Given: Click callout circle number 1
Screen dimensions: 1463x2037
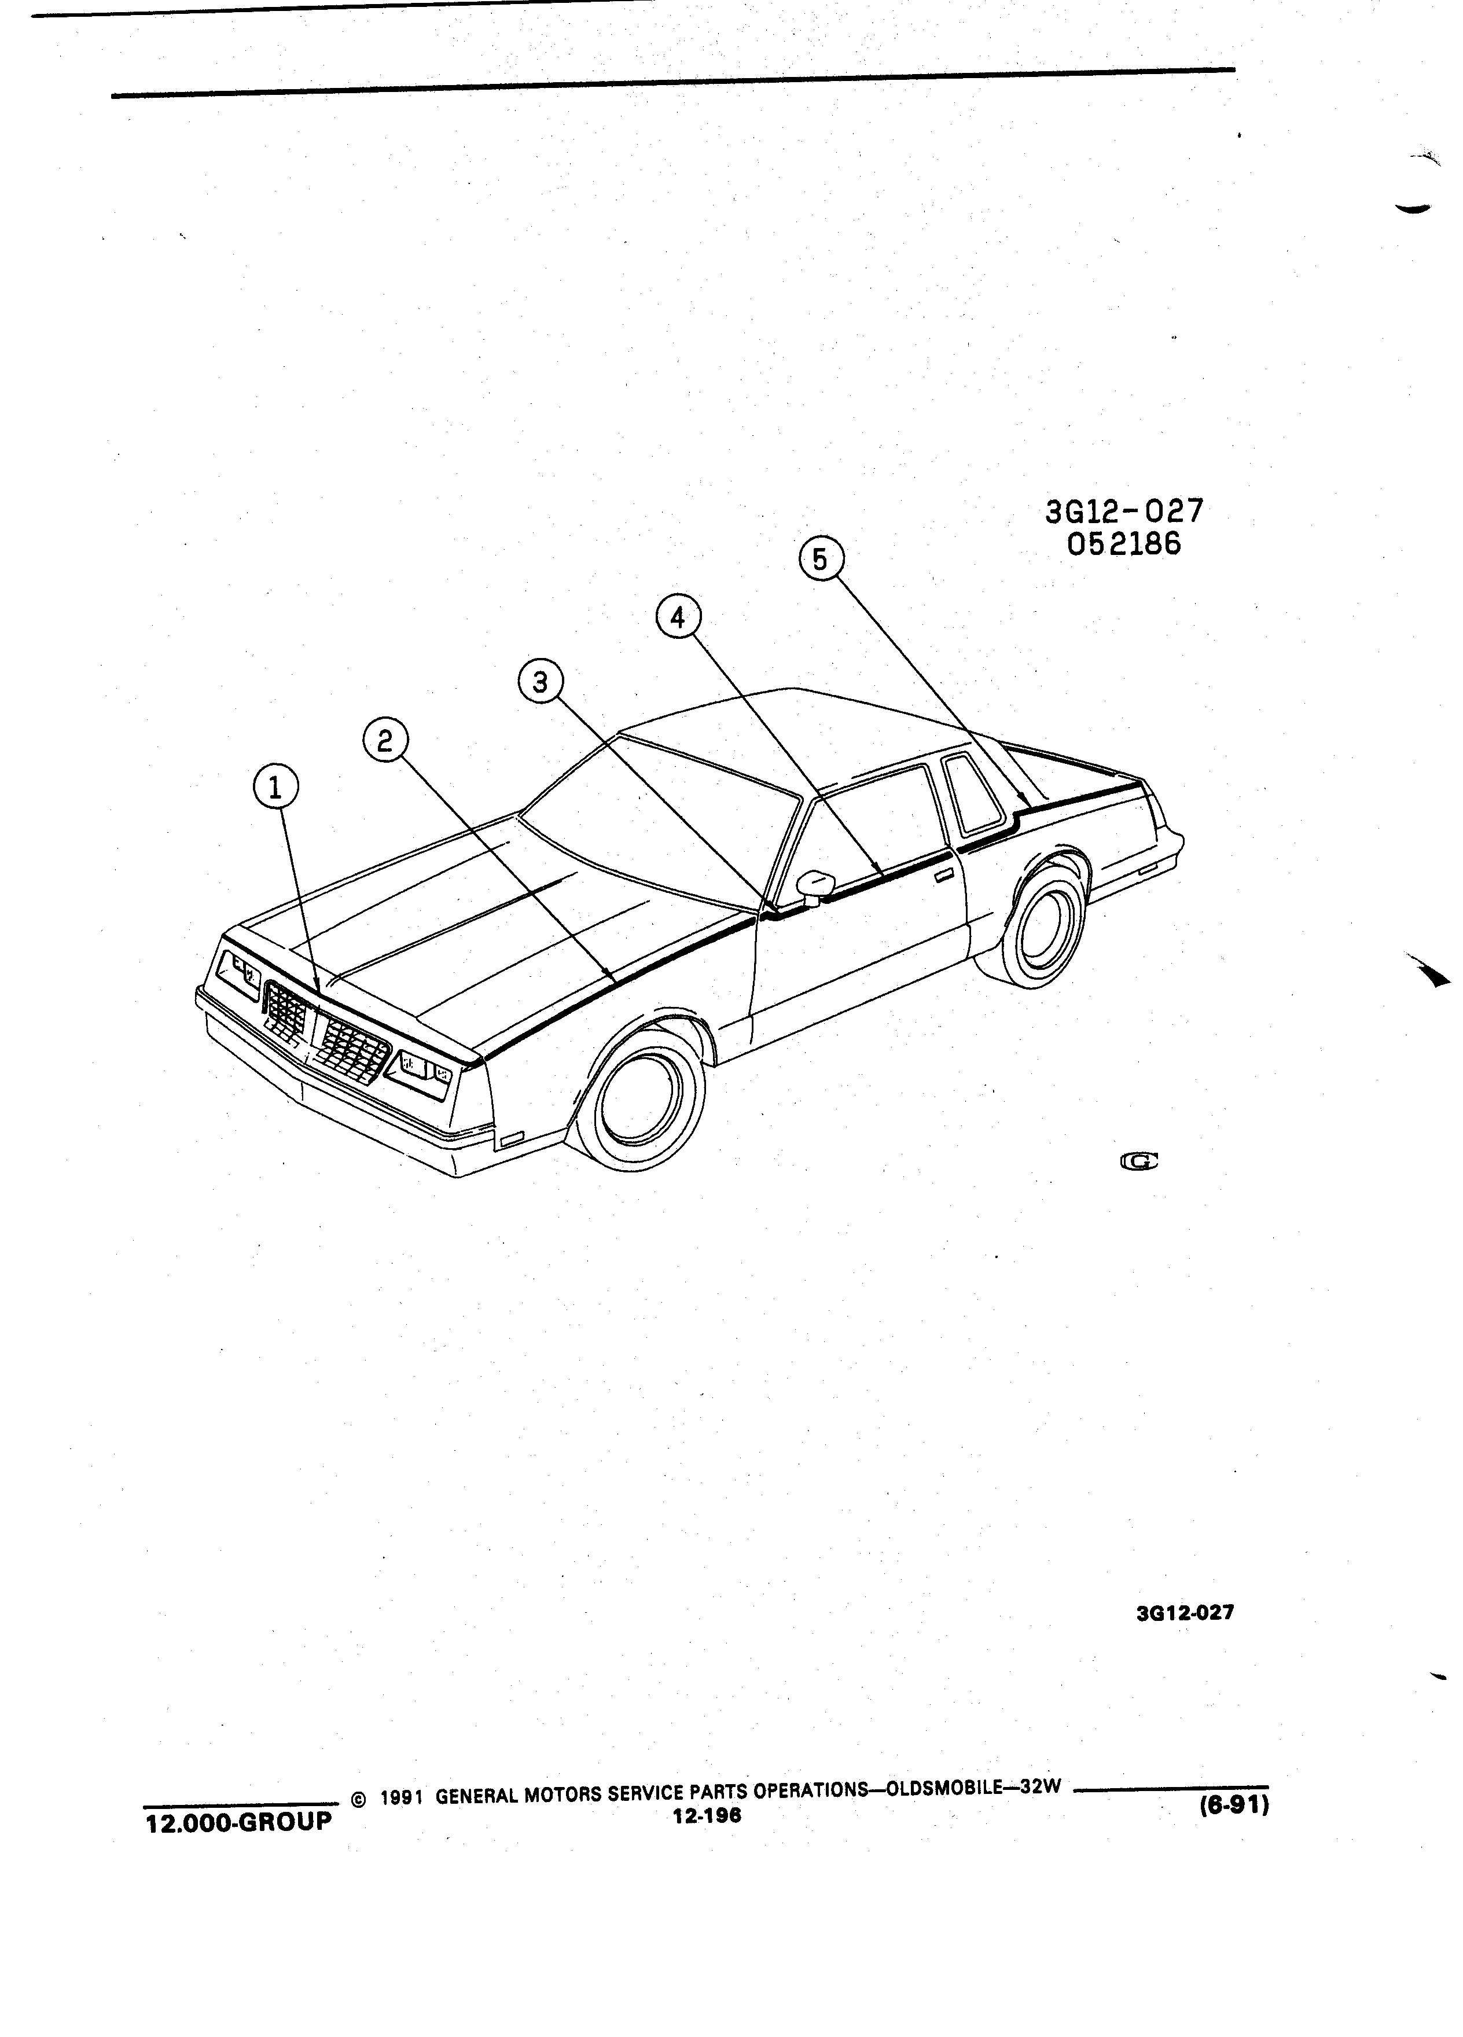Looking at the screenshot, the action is (x=275, y=788).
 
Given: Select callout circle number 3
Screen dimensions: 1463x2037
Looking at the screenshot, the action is (x=541, y=683).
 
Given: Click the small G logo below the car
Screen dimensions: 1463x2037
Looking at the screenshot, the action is (x=1139, y=1161).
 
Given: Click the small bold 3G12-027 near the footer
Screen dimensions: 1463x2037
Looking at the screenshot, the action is (x=1185, y=1612).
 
